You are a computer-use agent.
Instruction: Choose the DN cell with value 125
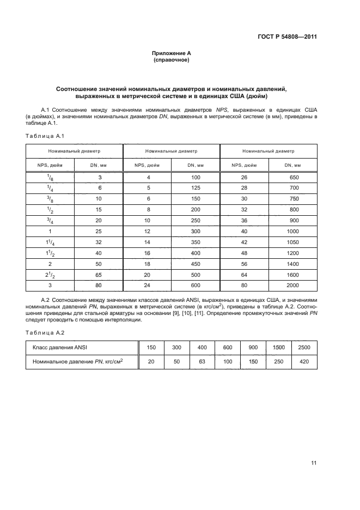click(196, 189)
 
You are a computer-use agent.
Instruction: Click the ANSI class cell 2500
click(305, 348)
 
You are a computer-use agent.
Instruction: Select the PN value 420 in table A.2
click(305, 361)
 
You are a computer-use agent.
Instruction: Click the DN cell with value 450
click(196, 263)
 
